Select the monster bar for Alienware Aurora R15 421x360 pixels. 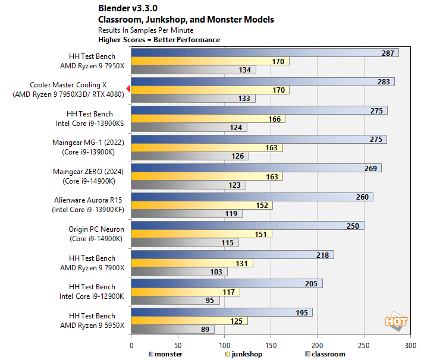[x=252, y=197]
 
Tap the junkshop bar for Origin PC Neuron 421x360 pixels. [x=201, y=234]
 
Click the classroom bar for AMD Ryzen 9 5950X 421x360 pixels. [x=172, y=330]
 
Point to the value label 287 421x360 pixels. [x=388, y=53]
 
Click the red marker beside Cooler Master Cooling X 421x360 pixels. [x=128, y=90]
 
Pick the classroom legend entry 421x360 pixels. [x=325, y=354]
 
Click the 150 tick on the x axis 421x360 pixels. [x=271, y=345]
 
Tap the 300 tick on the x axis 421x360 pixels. [x=410, y=345]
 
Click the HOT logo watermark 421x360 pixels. [x=396, y=321]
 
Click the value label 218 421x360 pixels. [x=323, y=254]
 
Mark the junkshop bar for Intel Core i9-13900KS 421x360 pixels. [x=208, y=119]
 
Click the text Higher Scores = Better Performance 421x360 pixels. [x=159, y=40]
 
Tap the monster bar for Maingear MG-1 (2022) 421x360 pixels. [x=259, y=139]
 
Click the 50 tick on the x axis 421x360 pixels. [x=177, y=345]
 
